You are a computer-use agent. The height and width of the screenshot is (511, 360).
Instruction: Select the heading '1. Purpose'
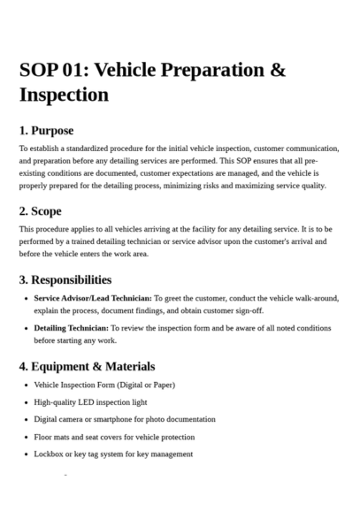pos(46,131)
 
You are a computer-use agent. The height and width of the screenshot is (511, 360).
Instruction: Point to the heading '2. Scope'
pos(41,211)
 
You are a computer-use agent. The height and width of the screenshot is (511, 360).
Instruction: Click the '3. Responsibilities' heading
pos(65,279)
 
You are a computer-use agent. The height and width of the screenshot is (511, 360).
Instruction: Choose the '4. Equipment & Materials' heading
pos(87,366)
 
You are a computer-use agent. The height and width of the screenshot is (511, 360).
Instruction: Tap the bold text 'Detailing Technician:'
pos(71,328)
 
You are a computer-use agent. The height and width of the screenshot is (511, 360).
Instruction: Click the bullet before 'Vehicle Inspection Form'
pos(25,385)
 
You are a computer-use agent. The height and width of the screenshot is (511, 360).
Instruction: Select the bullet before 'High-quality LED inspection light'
pos(25,402)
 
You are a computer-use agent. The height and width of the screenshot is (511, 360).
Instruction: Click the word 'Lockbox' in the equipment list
pos(49,454)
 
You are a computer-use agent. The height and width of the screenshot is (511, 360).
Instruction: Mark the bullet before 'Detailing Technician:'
pos(25,328)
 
